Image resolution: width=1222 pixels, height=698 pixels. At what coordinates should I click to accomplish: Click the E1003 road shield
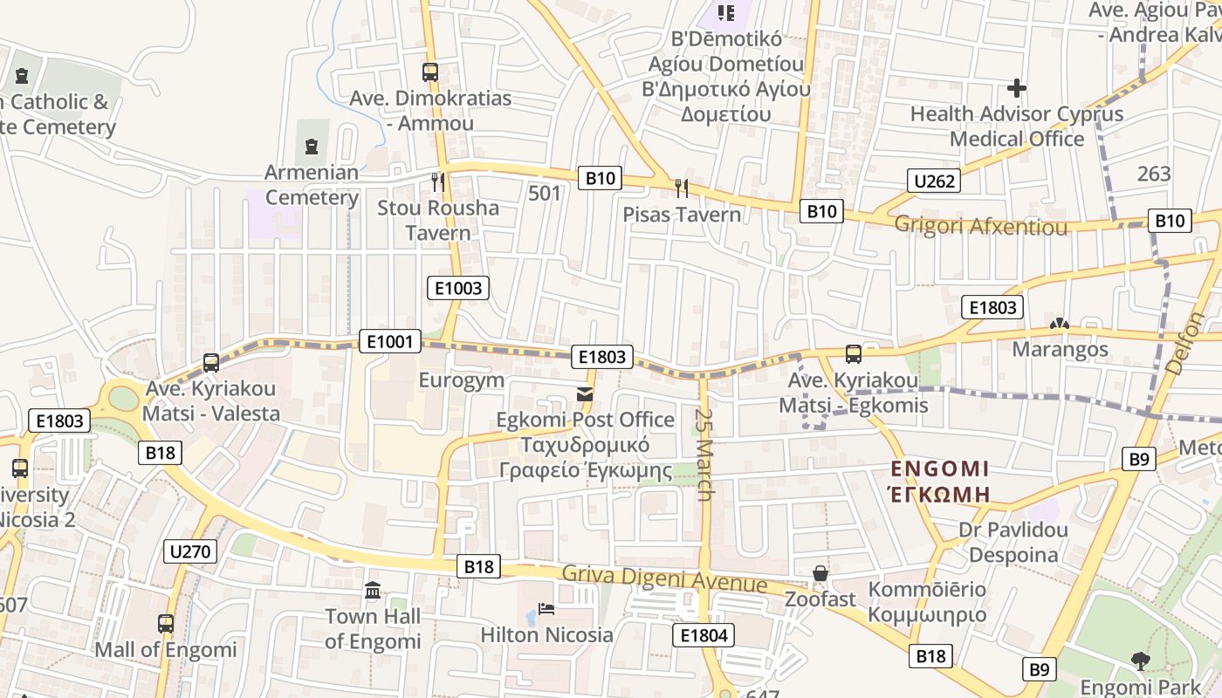click(458, 288)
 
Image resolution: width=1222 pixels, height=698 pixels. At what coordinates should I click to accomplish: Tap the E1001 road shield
click(389, 341)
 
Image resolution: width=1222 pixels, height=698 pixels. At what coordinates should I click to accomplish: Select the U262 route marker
click(933, 181)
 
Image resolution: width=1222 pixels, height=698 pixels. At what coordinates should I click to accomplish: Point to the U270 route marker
click(190, 551)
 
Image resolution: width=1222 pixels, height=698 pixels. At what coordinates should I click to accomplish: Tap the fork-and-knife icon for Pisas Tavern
click(682, 188)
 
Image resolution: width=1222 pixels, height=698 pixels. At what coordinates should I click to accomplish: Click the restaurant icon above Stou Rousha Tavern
click(438, 181)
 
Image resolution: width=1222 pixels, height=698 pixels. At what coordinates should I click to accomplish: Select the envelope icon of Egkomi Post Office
click(585, 395)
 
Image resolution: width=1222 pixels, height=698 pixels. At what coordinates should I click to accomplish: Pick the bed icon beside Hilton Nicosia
click(546, 608)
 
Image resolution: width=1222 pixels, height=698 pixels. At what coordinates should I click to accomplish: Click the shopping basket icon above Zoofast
click(820, 573)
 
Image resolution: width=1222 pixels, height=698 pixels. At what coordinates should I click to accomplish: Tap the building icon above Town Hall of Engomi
click(373, 591)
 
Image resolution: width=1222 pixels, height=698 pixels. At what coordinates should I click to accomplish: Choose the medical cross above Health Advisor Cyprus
click(1016, 88)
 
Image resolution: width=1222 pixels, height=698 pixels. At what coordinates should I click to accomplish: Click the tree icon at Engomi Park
click(1140, 660)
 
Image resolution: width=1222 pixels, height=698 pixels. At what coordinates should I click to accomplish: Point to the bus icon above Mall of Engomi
click(166, 624)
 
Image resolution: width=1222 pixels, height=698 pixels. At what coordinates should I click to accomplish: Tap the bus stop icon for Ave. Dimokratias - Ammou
click(430, 72)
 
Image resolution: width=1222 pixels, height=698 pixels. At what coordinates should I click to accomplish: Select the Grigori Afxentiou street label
click(980, 227)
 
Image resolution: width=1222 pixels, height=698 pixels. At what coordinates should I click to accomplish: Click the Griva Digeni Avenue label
click(664, 579)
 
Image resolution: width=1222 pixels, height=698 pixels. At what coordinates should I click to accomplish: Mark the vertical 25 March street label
click(705, 455)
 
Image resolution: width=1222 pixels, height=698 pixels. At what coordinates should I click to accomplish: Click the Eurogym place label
click(462, 380)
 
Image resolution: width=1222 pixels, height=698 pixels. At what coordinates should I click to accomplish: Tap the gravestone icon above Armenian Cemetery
click(312, 147)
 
